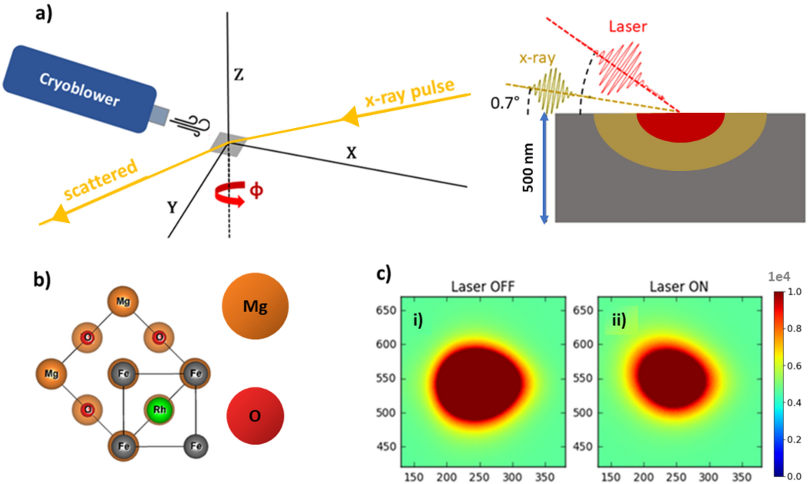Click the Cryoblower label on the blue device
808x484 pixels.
pyautogui.click(x=79, y=89)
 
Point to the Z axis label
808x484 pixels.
pyautogui.click(x=238, y=74)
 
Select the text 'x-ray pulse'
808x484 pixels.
pyautogui.click(x=409, y=93)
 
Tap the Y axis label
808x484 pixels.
pyautogui.click(x=172, y=208)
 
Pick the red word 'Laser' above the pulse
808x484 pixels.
pyautogui.click(x=628, y=26)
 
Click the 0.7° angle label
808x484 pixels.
pyautogui.click(x=505, y=103)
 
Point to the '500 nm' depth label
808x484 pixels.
pyautogui.click(x=528, y=168)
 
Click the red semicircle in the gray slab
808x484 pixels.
pyautogui.click(x=680, y=126)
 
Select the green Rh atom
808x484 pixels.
pyautogui.click(x=159, y=410)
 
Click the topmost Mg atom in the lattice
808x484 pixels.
pyautogui.click(x=123, y=301)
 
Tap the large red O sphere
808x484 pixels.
pyautogui.click(x=255, y=416)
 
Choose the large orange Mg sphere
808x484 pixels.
pyautogui.click(x=255, y=306)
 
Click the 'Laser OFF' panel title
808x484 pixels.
pyautogui.click(x=483, y=287)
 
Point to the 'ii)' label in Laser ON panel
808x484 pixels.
pyautogui.click(x=619, y=320)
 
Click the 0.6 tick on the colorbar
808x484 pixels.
pyautogui.click(x=794, y=366)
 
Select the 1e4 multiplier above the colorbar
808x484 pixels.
pyautogui.click(x=779, y=277)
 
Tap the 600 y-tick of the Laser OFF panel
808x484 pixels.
pyautogui.click(x=385, y=344)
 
